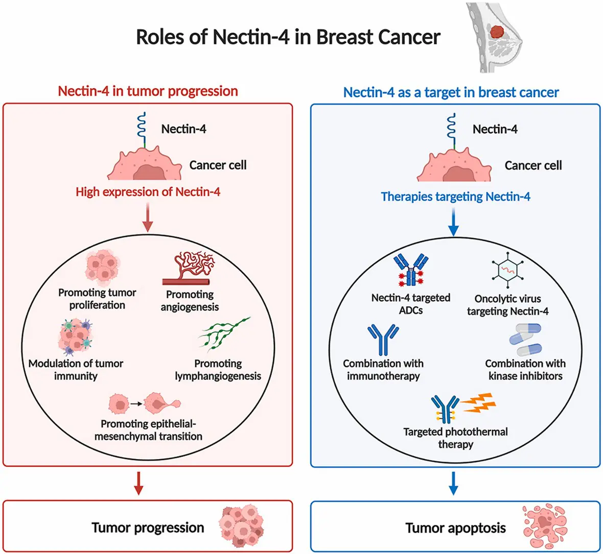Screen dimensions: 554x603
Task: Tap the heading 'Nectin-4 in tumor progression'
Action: (x=148, y=91)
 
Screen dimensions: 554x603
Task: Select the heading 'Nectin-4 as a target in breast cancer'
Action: (x=451, y=92)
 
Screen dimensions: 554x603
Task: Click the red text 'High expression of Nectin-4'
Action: (x=148, y=192)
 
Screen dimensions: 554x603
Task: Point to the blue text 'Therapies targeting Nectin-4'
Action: (x=455, y=197)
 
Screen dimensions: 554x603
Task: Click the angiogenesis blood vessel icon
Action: (x=189, y=268)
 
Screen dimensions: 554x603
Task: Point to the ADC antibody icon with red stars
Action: (x=411, y=270)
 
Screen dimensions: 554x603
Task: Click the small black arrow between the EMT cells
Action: (x=135, y=404)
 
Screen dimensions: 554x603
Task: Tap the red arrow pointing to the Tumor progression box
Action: (x=138, y=483)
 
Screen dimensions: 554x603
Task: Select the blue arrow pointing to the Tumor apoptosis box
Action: (x=453, y=483)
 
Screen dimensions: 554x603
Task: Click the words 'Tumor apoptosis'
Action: (x=455, y=528)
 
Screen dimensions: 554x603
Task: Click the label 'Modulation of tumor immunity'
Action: (x=76, y=370)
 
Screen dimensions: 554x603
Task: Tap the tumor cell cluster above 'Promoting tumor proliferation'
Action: (x=102, y=267)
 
